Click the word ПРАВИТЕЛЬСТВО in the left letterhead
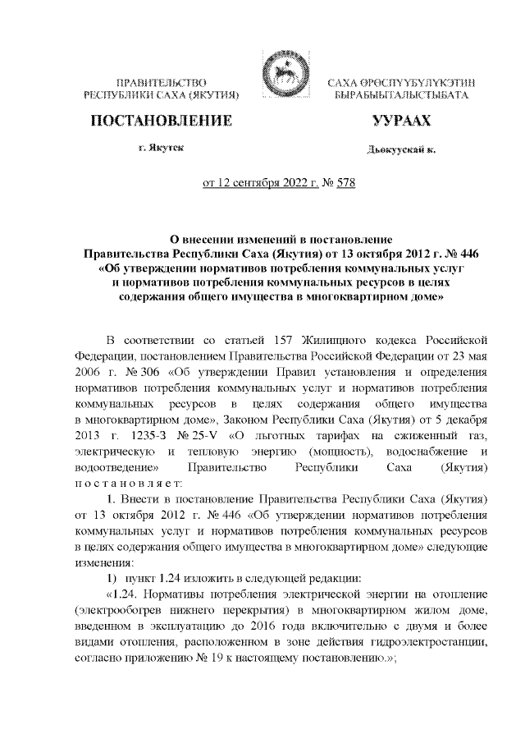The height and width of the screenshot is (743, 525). click(x=161, y=84)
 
